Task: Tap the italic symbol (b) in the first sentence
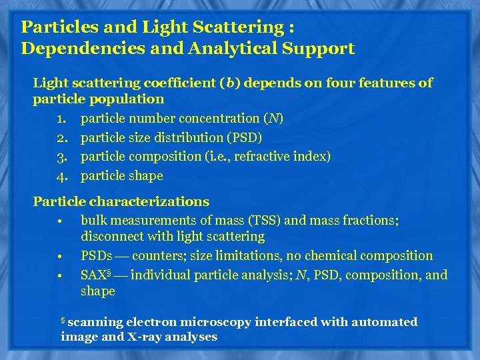(228, 83)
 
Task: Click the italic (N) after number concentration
(273, 119)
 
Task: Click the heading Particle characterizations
(121, 201)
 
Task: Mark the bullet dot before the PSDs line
(59, 257)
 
